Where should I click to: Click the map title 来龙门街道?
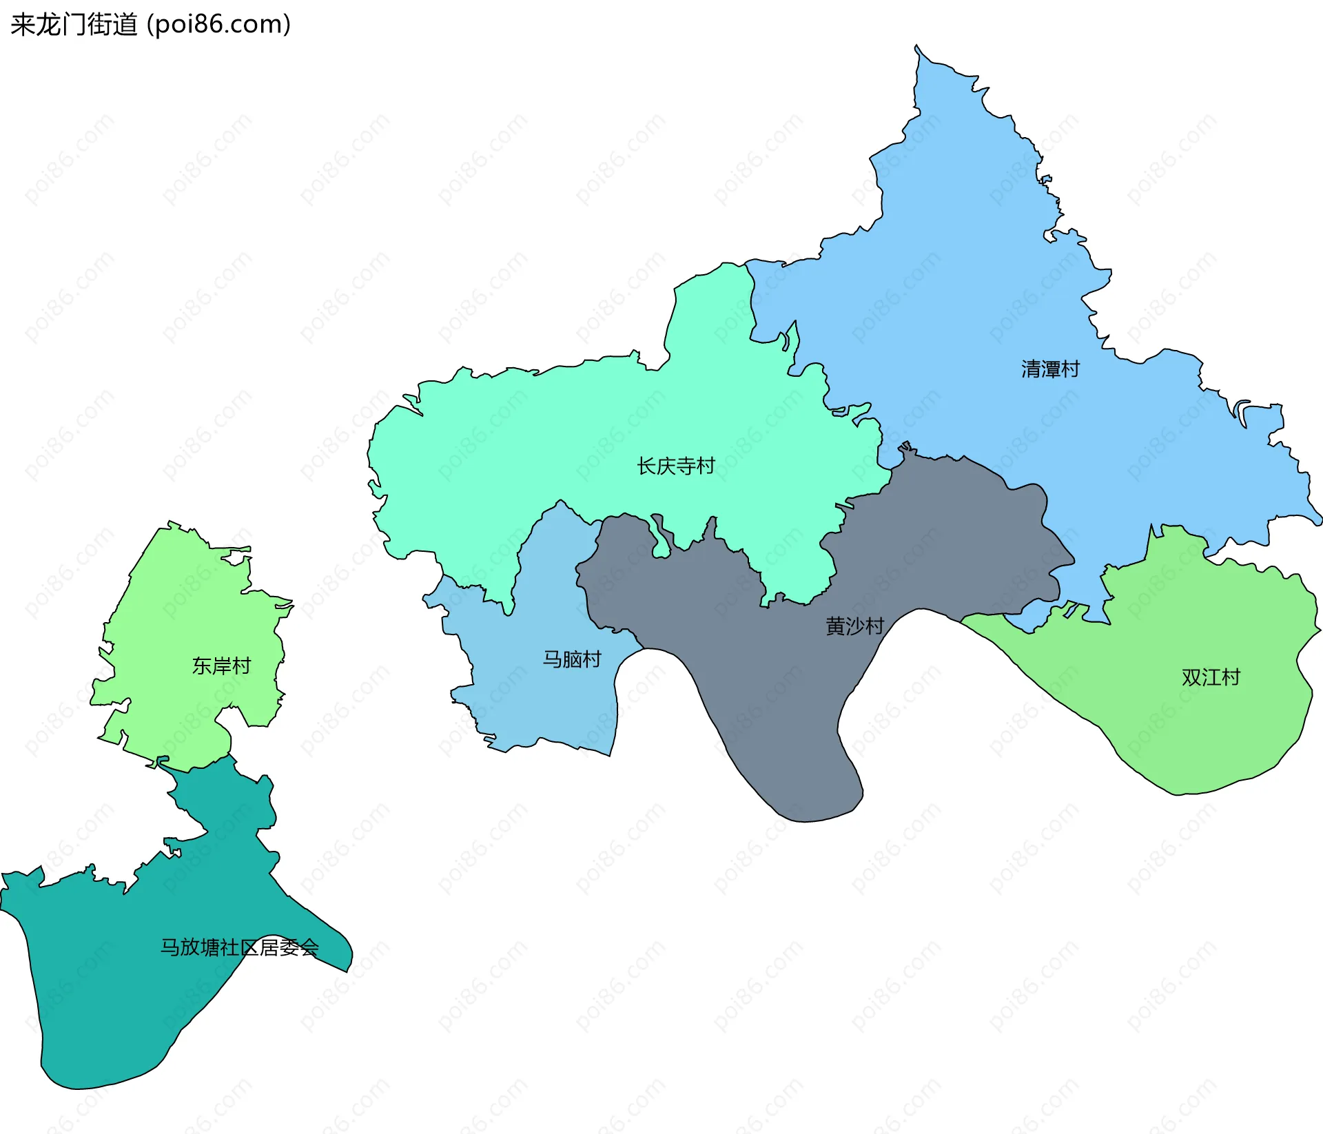(74, 25)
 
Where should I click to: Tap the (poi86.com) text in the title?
(218, 25)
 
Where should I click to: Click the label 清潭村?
(1050, 369)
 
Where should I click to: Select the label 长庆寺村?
(676, 466)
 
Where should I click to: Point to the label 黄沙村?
(854, 626)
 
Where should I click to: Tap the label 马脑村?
(572, 659)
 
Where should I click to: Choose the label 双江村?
(1211, 677)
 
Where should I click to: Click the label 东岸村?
(221, 666)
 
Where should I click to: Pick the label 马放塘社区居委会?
(240, 947)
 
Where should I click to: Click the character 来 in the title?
(22, 25)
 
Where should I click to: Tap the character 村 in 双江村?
(1231, 677)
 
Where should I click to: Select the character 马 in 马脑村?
(553, 659)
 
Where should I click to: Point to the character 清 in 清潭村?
(1031, 369)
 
